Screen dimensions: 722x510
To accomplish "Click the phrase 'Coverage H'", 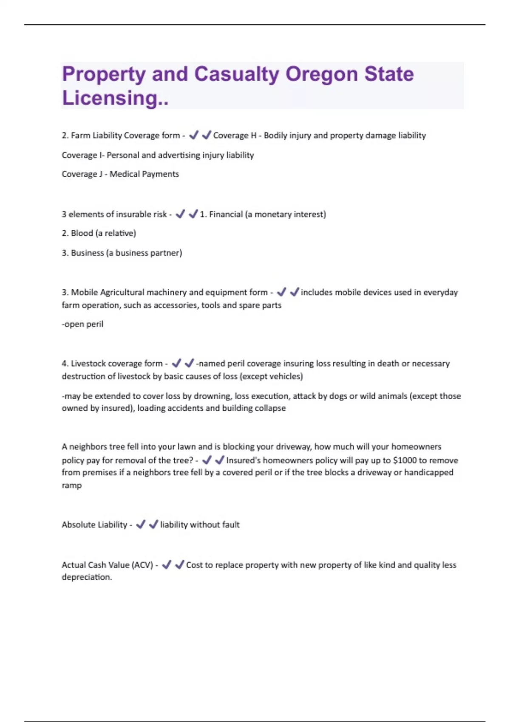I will point(235,135).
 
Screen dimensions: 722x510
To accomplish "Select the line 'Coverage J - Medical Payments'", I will point(120,174).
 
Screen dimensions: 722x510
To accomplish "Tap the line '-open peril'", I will point(82,324).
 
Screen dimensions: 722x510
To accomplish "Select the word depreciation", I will point(87,577).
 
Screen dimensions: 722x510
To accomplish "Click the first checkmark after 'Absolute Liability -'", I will point(141,525).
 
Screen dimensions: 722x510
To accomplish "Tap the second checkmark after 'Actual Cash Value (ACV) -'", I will point(180,564).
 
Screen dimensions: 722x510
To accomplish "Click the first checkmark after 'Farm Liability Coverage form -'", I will point(194,135).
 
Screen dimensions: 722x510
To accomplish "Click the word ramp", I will point(71,485).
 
